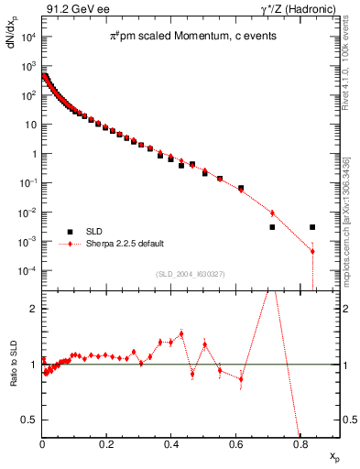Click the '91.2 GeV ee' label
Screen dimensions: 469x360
pos(72,9)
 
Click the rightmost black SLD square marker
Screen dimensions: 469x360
pos(312,227)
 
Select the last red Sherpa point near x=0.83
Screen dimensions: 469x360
pos(312,251)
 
